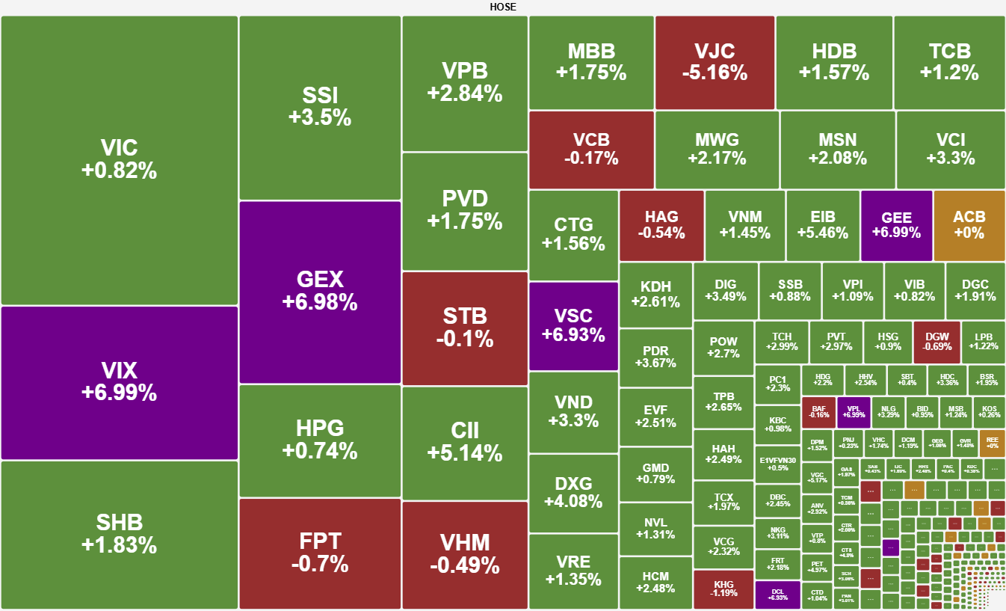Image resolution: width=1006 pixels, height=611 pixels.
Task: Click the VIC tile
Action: [x=120, y=159]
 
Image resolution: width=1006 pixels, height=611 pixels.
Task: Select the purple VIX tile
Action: [x=120, y=381]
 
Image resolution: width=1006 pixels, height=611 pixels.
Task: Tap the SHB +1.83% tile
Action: [x=120, y=534]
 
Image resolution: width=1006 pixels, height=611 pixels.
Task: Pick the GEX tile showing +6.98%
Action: [x=320, y=291]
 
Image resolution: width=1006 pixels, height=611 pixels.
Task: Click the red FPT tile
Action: [x=320, y=552]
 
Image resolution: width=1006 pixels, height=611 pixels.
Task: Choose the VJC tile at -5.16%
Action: [x=715, y=62]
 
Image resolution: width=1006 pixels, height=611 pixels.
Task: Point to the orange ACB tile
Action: [x=969, y=224]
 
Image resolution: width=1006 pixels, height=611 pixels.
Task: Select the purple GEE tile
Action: [x=897, y=224]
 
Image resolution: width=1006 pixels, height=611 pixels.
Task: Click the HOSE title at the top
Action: [x=503, y=7]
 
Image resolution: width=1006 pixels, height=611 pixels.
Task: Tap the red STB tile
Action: [x=465, y=327]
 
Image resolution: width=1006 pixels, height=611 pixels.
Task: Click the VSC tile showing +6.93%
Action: [x=573, y=325]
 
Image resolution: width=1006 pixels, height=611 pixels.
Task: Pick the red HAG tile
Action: [x=661, y=224]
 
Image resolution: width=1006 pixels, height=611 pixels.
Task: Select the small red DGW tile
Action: [x=936, y=342]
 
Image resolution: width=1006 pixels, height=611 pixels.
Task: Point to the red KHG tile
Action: [x=723, y=589]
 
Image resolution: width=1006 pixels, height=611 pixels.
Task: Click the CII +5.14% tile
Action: [x=465, y=442]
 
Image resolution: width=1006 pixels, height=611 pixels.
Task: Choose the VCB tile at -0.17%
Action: [x=591, y=149]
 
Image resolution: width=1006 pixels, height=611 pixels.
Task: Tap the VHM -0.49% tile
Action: [x=465, y=554]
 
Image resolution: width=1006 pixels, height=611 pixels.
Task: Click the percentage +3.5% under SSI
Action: [x=320, y=118]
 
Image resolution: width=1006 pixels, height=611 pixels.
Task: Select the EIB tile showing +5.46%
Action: [x=823, y=224]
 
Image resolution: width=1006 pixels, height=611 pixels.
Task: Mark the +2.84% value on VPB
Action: [x=465, y=94]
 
